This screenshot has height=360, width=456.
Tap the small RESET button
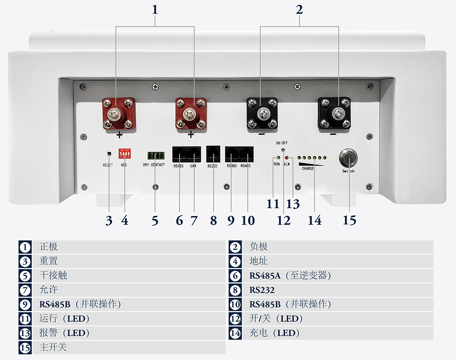[x=109, y=154]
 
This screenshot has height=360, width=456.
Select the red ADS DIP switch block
[x=124, y=153]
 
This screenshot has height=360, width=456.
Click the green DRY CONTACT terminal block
[x=155, y=155]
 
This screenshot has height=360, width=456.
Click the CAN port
[x=193, y=154]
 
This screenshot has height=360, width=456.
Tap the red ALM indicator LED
[x=286, y=158]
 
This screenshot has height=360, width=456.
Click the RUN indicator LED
[x=278, y=158]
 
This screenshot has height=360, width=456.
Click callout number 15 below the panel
[x=349, y=221]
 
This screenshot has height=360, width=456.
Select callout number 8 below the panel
[x=213, y=221]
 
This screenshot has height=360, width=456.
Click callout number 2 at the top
[x=299, y=9]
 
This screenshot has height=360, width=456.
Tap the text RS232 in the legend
[x=262, y=290]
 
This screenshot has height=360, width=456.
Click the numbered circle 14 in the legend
[x=235, y=333]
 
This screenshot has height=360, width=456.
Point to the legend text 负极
[x=259, y=247]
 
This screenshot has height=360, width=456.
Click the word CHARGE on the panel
[x=308, y=169]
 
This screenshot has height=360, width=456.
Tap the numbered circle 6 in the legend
[x=235, y=276]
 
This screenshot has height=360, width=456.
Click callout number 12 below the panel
[x=284, y=221]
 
